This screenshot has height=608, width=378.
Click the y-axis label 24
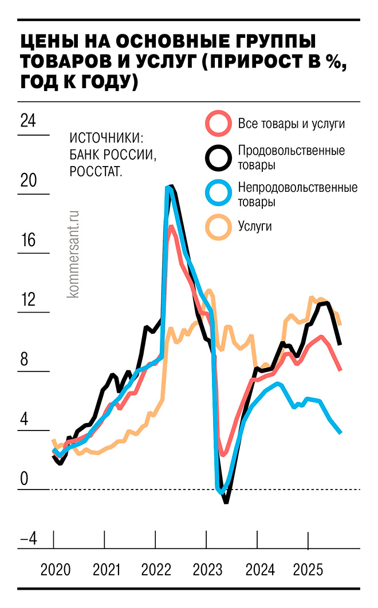click(27, 121)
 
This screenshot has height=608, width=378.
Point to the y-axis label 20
click(27, 181)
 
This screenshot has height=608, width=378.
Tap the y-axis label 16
click(27, 240)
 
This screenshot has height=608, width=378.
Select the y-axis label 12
click(27, 300)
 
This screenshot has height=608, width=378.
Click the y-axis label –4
click(27, 538)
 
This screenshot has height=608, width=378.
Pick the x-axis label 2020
click(56, 570)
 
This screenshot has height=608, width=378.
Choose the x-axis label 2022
click(156, 570)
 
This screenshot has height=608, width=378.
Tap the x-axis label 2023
click(207, 570)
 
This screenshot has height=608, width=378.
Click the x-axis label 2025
click(308, 570)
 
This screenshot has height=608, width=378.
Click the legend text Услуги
click(254, 227)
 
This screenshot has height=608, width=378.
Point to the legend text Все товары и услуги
click(291, 124)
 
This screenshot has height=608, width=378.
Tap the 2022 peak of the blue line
click(168, 188)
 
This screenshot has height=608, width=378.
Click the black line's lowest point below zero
click(226, 502)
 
